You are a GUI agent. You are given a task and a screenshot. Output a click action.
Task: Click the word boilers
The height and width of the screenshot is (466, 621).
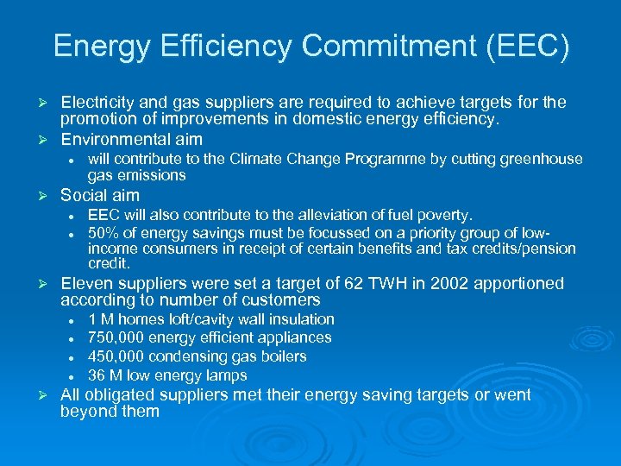279,357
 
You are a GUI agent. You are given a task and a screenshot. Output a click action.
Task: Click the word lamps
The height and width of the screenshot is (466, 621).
227,376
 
